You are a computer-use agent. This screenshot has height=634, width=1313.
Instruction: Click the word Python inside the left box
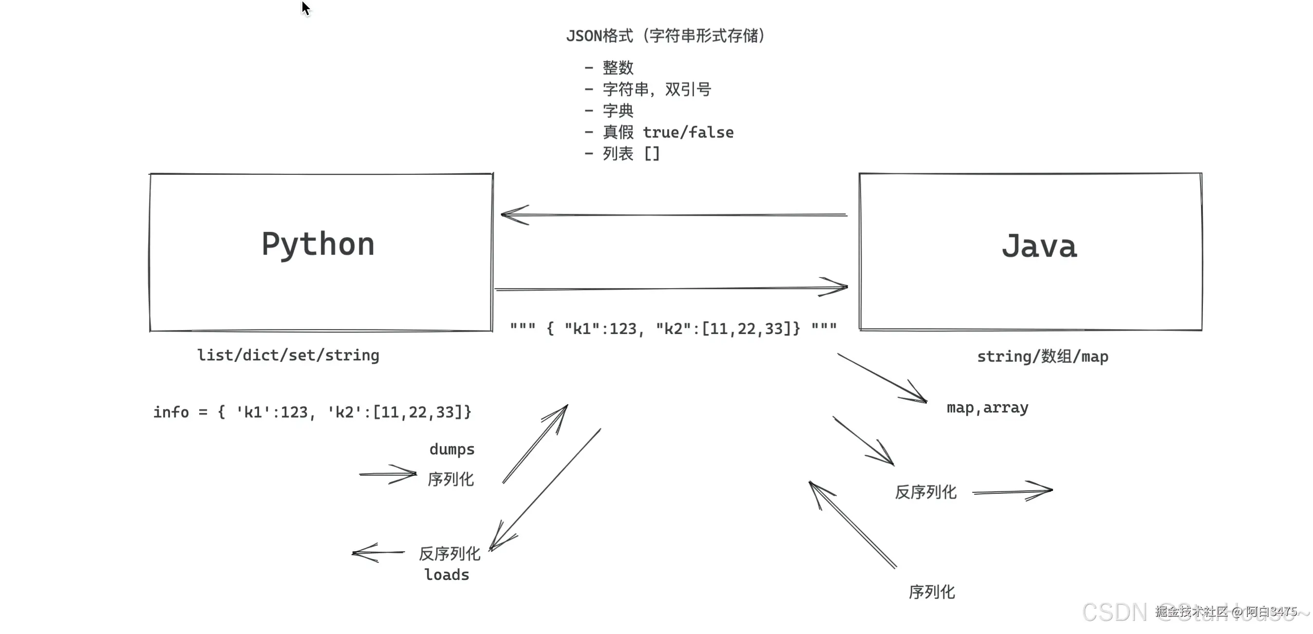coord(318,244)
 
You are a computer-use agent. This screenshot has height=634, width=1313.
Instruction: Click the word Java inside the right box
coord(1039,247)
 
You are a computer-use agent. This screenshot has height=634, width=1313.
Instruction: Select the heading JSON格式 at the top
coord(600,36)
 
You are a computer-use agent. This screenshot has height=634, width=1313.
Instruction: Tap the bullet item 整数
coord(618,67)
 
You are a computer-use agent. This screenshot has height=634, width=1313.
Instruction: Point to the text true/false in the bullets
coord(688,132)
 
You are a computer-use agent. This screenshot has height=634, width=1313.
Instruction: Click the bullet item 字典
coord(618,111)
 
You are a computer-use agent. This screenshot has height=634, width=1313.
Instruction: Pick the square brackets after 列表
coord(652,153)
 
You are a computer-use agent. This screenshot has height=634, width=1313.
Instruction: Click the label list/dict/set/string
coord(288,355)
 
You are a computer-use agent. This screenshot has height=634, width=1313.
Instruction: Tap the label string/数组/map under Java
coord(1042,356)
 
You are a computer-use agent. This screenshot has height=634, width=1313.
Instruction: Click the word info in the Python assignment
coord(171,412)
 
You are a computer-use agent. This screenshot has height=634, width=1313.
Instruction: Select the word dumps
coord(451,449)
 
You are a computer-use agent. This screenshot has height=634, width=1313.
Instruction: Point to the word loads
coord(447,575)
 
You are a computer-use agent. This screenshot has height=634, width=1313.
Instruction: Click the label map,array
coord(987,408)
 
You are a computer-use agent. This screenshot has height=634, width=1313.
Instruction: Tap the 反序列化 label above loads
coord(449,554)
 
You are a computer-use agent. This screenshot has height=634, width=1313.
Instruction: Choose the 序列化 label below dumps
coord(450,479)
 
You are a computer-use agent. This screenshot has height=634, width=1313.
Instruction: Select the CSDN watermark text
coord(1114,612)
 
